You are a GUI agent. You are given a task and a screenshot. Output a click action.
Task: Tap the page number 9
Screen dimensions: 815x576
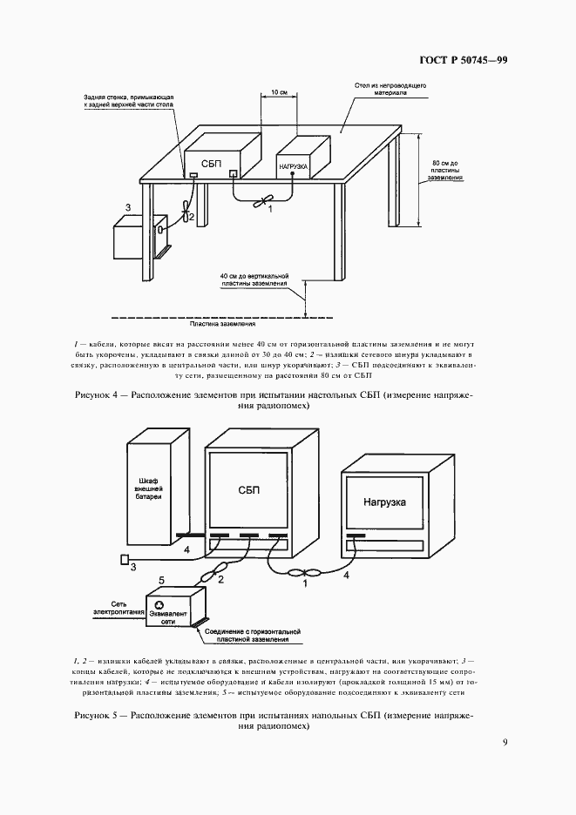click(x=505, y=743)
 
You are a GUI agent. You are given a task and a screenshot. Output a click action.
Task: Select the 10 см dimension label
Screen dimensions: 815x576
click(x=275, y=91)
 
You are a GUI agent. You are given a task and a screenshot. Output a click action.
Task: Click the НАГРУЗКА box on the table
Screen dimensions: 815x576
click(x=293, y=165)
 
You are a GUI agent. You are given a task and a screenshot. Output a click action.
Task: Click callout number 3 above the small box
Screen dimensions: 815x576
click(x=128, y=206)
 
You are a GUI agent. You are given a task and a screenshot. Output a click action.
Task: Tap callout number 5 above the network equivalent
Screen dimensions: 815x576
click(x=160, y=580)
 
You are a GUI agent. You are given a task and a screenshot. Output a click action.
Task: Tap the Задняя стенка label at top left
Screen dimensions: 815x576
click(x=130, y=100)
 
